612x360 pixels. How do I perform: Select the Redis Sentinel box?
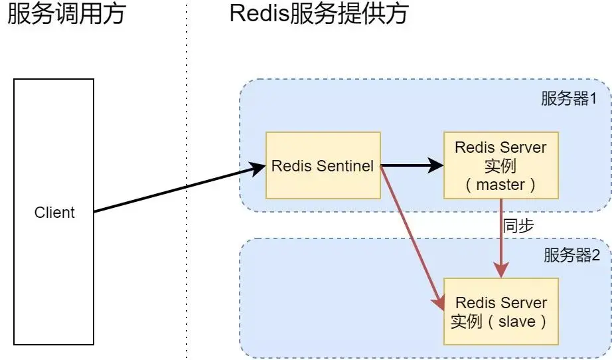pyautogui.click(x=323, y=165)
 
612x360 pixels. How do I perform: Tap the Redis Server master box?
pyautogui.click(x=500, y=165)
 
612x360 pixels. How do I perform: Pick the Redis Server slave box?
pyautogui.click(x=500, y=311)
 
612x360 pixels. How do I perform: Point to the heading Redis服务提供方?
pyautogui.click(x=319, y=15)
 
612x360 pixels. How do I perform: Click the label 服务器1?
pyautogui.click(x=570, y=100)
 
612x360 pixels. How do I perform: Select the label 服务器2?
pyautogui.click(x=571, y=255)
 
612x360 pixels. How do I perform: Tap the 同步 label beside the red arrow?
pyautogui.click(x=518, y=225)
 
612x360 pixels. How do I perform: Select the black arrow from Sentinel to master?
pyautogui.click(x=412, y=165)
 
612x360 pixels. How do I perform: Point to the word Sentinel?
pyautogui.click(x=346, y=165)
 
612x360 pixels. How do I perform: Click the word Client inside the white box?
pyautogui.click(x=54, y=213)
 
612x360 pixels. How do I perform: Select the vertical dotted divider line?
pyautogui.click(x=187, y=199)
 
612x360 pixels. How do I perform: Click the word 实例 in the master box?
pyautogui.click(x=500, y=165)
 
